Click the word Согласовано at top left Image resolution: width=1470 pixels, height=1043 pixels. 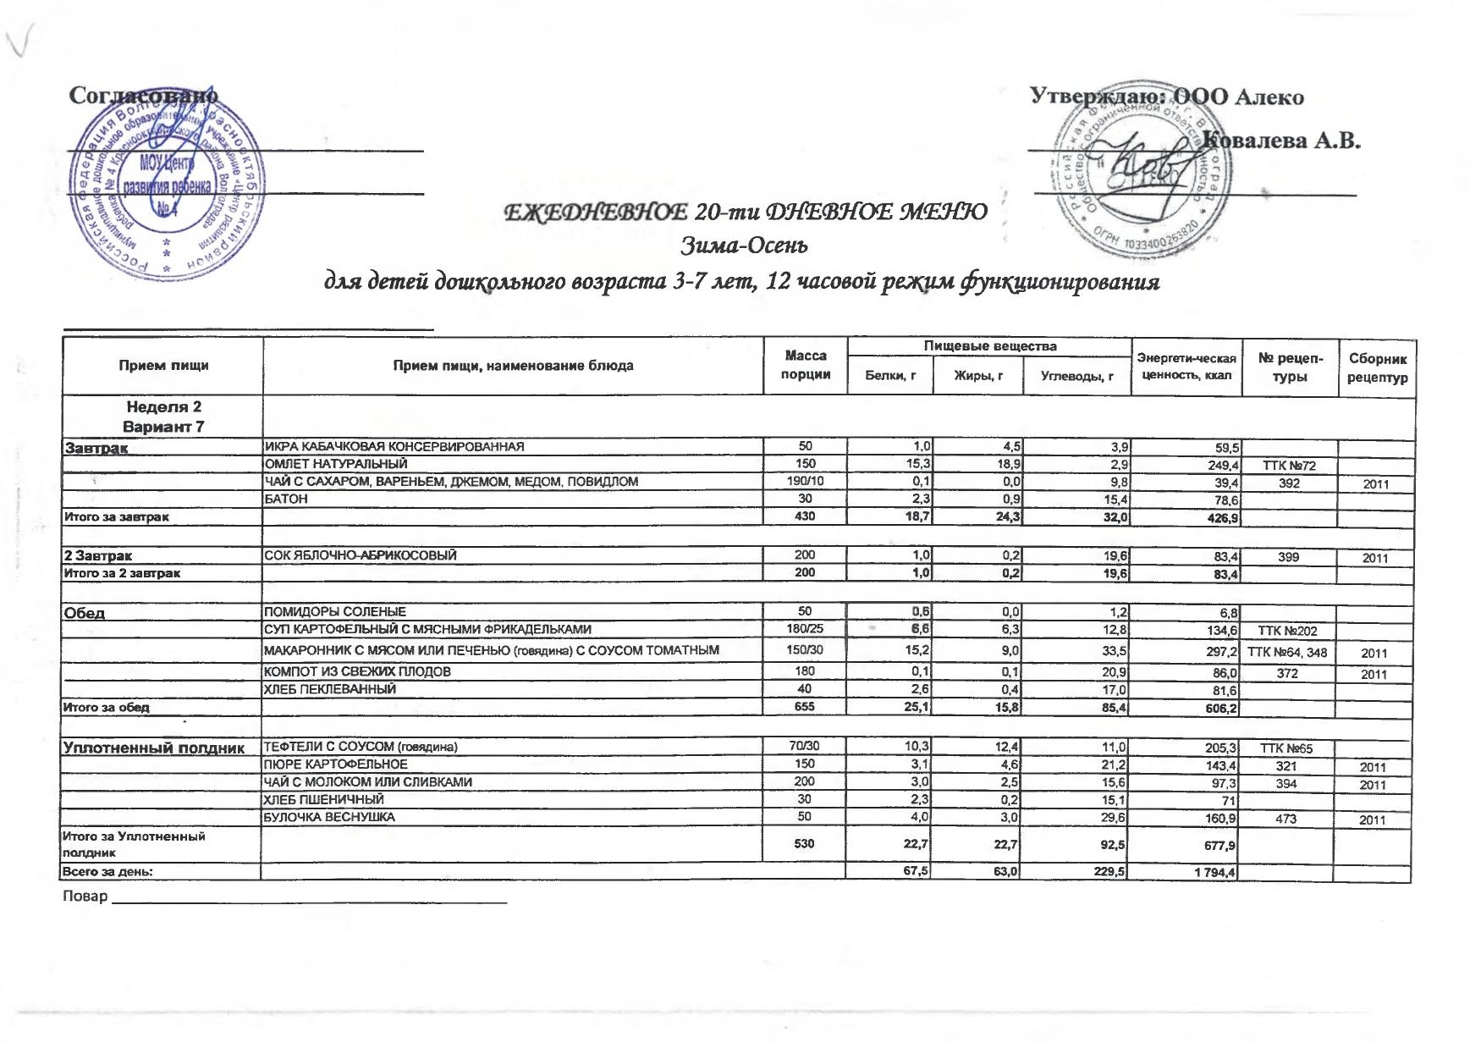pos(142,96)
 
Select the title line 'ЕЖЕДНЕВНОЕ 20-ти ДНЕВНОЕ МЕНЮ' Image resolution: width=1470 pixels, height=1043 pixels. pos(746,212)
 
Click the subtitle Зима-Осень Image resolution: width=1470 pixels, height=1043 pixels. pos(745,246)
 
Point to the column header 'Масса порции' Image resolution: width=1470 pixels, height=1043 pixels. pos(805,366)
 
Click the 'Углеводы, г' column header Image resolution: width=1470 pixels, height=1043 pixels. pos(1076,376)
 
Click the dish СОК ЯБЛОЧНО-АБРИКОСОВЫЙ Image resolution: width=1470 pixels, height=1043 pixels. pos(361,555)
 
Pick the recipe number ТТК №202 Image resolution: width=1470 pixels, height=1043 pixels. pos(1288,631)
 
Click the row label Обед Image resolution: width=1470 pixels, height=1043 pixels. pos(85,613)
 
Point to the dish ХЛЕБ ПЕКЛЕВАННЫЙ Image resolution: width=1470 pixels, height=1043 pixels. pos(331,689)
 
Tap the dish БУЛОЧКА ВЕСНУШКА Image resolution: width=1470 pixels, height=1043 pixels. pos(330,817)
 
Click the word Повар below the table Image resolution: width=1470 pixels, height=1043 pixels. pos(85,897)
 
